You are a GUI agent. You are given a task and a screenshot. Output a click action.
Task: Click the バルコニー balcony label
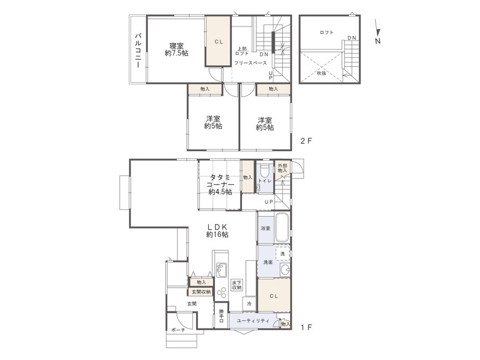138,50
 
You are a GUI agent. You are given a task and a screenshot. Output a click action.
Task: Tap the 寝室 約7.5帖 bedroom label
176,50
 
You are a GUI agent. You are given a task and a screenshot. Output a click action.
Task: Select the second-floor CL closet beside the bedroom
218,41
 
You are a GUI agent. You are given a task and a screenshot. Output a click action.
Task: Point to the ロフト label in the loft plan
326,33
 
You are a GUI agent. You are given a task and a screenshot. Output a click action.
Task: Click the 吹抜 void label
321,73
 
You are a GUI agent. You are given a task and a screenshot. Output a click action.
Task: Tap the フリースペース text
250,63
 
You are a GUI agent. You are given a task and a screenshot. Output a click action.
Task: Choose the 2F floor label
306,141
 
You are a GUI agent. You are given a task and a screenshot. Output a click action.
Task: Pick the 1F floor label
306,327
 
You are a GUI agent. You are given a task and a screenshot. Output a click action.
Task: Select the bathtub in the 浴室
282,227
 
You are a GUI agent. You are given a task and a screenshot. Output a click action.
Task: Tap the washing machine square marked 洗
283,254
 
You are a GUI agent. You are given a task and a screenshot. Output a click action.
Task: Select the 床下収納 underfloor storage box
236,285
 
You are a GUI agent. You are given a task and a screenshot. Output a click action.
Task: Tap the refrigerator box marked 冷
249,303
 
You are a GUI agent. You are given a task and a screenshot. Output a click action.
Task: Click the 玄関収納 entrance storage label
201,292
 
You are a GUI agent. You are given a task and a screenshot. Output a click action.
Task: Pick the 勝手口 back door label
221,315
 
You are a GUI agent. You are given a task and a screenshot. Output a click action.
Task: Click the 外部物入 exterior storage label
282,168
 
